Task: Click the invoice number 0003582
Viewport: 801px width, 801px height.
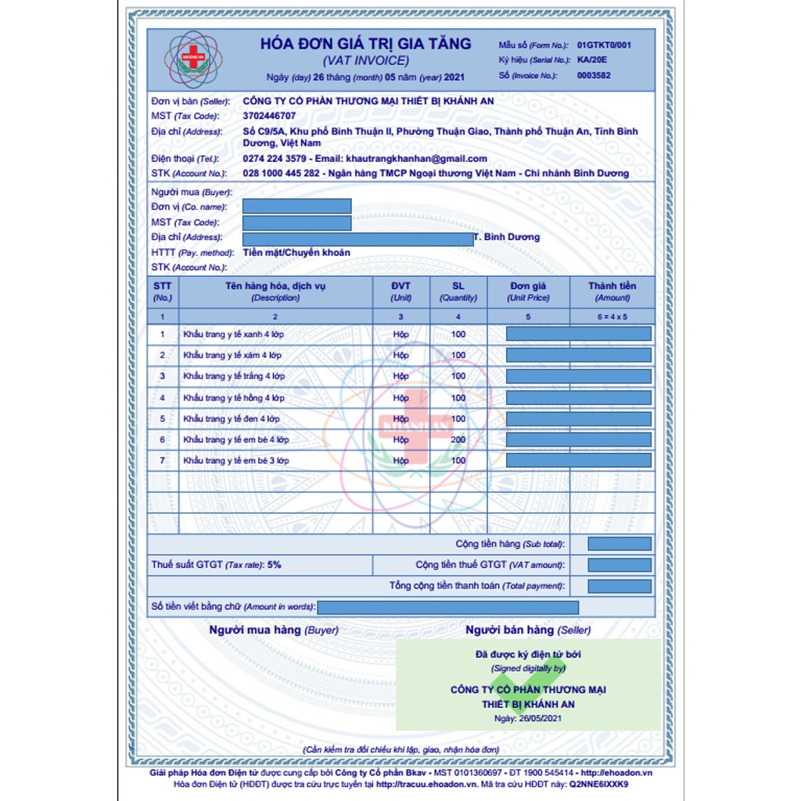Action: [594, 76]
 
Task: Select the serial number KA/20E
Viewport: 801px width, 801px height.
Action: [592, 60]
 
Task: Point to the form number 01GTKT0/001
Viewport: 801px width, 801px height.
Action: [604, 45]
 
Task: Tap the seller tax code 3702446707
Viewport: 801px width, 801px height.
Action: [269, 116]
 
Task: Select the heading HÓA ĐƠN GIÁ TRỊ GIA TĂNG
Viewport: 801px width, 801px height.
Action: [365, 44]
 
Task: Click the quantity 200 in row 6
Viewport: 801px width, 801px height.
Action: [458, 440]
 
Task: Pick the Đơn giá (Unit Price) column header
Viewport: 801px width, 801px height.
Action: [528, 291]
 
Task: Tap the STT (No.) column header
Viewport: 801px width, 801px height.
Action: [163, 291]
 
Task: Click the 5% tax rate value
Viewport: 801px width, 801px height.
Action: [274, 564]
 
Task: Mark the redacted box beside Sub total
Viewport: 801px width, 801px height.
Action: [620, 544]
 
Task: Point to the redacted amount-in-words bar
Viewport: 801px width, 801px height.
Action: [447, 607]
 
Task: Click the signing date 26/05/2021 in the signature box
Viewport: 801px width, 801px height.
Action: [539, 717]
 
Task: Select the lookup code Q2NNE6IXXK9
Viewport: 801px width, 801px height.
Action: [599, 784]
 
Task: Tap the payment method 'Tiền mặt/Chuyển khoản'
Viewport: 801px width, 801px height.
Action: [296, 253]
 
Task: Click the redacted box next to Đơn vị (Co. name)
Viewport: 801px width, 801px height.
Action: [296, 207]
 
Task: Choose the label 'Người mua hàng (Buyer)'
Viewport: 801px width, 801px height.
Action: [274, 630]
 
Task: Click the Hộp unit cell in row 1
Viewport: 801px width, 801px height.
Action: [401, 334]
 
